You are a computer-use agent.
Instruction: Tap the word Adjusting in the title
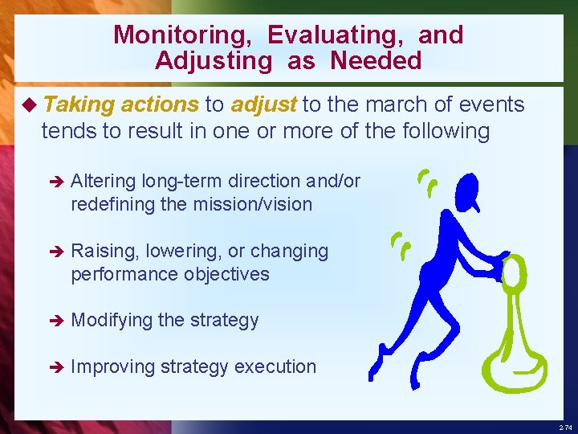tap(208, 60)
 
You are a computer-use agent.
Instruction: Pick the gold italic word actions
tap(161, 104)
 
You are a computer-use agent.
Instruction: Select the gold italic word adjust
tap(264, 104)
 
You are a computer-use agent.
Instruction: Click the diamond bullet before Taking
tap(31, 104)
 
